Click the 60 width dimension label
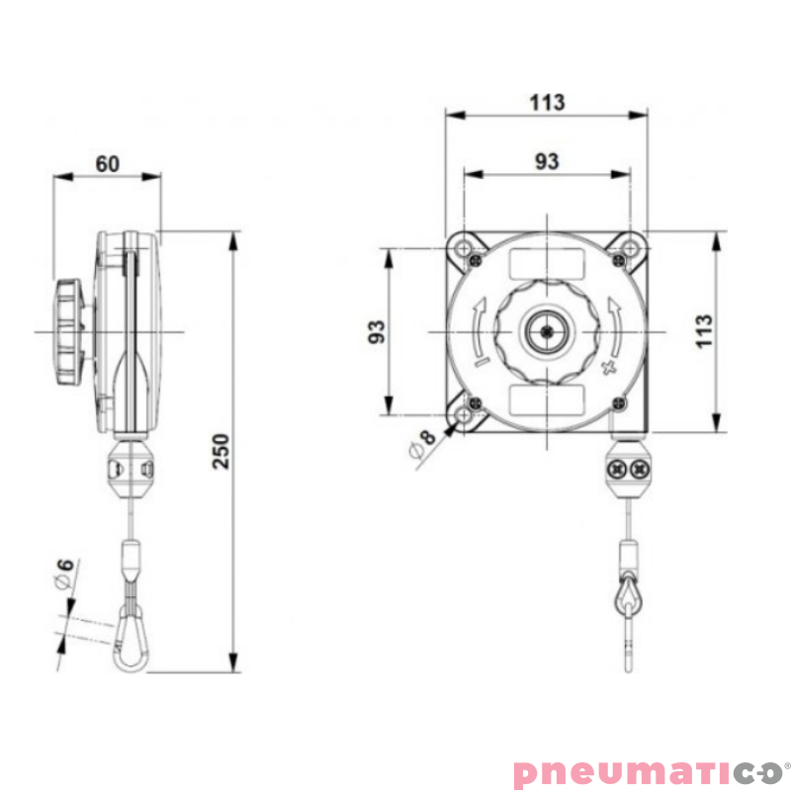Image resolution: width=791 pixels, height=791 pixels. (108, 163)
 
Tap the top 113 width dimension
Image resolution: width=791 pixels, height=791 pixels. (547, 102)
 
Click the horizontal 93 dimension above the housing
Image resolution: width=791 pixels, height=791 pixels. (547, 161)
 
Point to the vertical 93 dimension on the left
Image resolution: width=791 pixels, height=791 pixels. (377, 331)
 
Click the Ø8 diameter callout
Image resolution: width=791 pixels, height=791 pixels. (422, 443)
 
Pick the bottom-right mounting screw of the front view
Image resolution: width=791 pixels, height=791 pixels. (618, 402)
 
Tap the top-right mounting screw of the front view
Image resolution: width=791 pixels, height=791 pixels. (618, 260)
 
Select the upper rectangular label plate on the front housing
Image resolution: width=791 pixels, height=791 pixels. (547, 264)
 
